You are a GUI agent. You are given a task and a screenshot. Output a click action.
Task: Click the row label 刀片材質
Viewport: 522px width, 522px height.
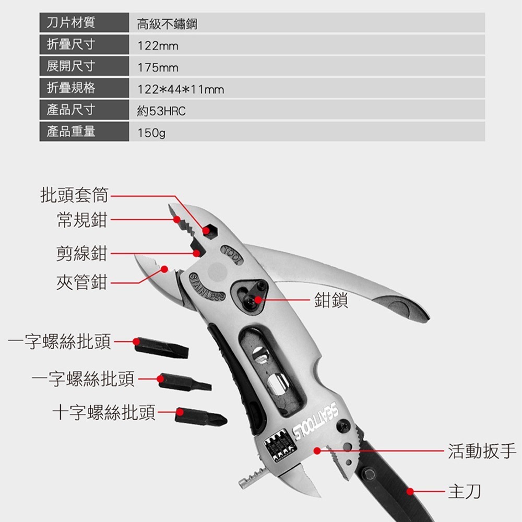70,23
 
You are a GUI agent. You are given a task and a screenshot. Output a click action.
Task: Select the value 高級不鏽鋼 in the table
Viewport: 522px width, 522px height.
167,24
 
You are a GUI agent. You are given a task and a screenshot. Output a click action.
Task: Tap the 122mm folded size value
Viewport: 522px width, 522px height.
158,46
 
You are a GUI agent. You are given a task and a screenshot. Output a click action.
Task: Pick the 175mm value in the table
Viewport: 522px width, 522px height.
158,68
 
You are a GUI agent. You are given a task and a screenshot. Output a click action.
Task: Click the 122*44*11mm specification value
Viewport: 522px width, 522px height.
180,90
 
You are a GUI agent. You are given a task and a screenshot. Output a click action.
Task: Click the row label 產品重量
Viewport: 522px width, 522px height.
70,132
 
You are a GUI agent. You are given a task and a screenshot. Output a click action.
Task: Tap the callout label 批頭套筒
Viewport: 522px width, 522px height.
75,195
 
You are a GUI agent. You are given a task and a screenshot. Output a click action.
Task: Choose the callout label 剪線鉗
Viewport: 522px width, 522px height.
81,253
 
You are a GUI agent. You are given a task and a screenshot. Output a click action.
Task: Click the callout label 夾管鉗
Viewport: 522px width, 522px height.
81,282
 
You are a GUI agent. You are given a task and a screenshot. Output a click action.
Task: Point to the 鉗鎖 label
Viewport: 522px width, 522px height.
331,300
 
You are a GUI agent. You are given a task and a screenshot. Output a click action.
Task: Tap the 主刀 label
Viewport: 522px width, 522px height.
464,491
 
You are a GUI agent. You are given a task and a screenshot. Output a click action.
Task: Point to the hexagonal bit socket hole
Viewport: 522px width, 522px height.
210,230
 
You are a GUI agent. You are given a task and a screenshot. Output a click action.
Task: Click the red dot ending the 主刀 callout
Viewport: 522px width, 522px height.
410,491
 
